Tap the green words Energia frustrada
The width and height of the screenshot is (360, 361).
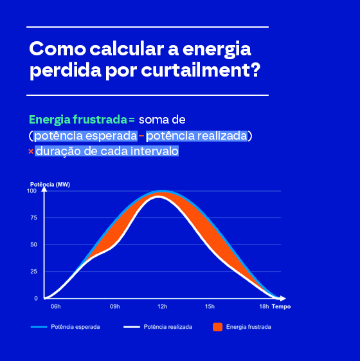click(x=78, y=120)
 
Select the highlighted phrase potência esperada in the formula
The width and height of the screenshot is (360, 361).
click(x=85, y=136)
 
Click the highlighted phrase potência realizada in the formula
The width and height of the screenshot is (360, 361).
click(x=197, y=136)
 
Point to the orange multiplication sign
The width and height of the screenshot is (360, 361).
click(x=31, y=151)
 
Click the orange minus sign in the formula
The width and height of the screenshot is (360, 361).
click(x=141, y=136)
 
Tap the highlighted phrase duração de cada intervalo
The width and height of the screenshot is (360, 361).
click(x=107, y=151)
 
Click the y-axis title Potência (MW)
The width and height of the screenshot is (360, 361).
click(x=50, y=185)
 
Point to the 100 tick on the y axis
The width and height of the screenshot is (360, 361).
click(x=32, y=191)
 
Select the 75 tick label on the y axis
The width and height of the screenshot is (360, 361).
click(x=34, y=218)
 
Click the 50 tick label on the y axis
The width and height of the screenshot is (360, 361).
click(x=34, y=245)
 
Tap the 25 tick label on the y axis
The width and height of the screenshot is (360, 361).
click(x=34, y=272)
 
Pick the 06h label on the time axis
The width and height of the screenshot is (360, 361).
click(x=56, y=307)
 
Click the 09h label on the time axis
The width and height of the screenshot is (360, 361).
click(x=115, y=307)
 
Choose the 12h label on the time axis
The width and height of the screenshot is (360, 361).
click(x=163, y=307)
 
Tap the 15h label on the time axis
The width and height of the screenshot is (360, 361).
click(x=210, y=307)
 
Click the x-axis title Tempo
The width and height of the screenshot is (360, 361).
click(x=281, y=307)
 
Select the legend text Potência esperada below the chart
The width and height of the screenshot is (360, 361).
click(x=75, y=327)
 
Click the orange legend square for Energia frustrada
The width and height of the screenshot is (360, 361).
click(x=218, y=327)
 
